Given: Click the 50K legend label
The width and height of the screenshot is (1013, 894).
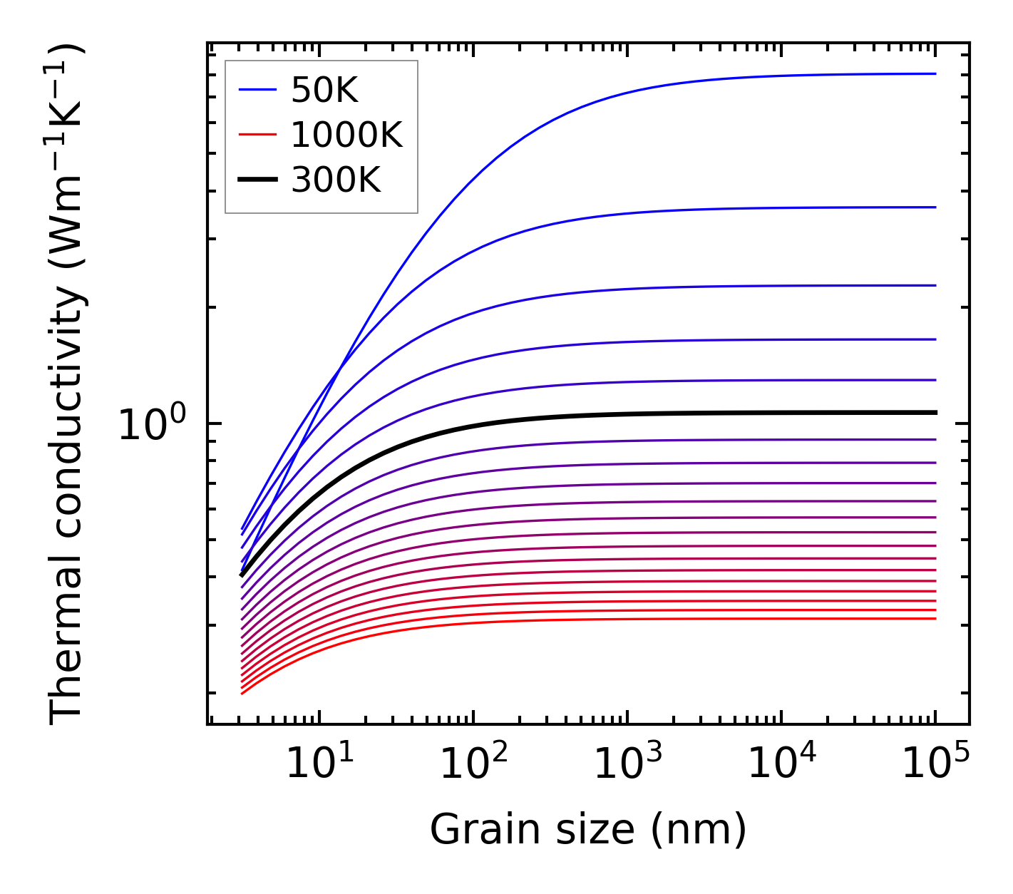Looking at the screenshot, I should coord(324,90).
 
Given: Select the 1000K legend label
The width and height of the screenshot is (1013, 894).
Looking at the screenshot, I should coord(346,135).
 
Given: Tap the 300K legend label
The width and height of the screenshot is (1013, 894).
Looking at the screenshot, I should coord(336,180).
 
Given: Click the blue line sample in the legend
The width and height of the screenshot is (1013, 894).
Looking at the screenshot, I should coord(257,90).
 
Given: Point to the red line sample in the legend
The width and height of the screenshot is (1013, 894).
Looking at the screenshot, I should coord(257,135).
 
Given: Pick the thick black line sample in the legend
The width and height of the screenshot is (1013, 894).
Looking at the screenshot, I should coord(257,180).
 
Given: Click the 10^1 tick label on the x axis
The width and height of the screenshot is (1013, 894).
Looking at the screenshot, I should coord(319,764).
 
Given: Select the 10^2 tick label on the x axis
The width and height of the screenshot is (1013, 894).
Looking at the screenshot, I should coord(473,764).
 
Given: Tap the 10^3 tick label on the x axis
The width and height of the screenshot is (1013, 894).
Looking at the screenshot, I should coord(627,764).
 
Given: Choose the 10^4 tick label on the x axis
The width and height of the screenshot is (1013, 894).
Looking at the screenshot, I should coord(781,764).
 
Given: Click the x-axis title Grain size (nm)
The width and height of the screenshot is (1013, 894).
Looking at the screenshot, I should coord(588,830).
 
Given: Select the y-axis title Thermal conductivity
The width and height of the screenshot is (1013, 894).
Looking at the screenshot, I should coord(67,385).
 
